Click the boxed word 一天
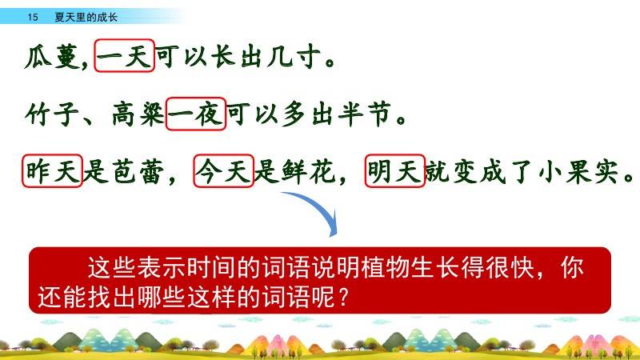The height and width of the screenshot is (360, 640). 125,56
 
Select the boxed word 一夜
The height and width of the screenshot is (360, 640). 195,114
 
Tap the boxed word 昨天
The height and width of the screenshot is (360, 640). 53,171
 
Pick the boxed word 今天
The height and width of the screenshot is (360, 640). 224,171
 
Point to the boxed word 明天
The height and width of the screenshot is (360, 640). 395,171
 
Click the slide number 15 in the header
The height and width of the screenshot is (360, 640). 33,17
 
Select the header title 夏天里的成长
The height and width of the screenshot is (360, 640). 86,17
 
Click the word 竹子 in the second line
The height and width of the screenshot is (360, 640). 52,114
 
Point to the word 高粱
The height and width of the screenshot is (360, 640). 138,114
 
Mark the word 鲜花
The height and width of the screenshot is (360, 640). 309,171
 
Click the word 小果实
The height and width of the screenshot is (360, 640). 578,171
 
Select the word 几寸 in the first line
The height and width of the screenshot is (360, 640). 294,57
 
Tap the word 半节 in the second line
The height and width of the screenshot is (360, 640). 365,114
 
